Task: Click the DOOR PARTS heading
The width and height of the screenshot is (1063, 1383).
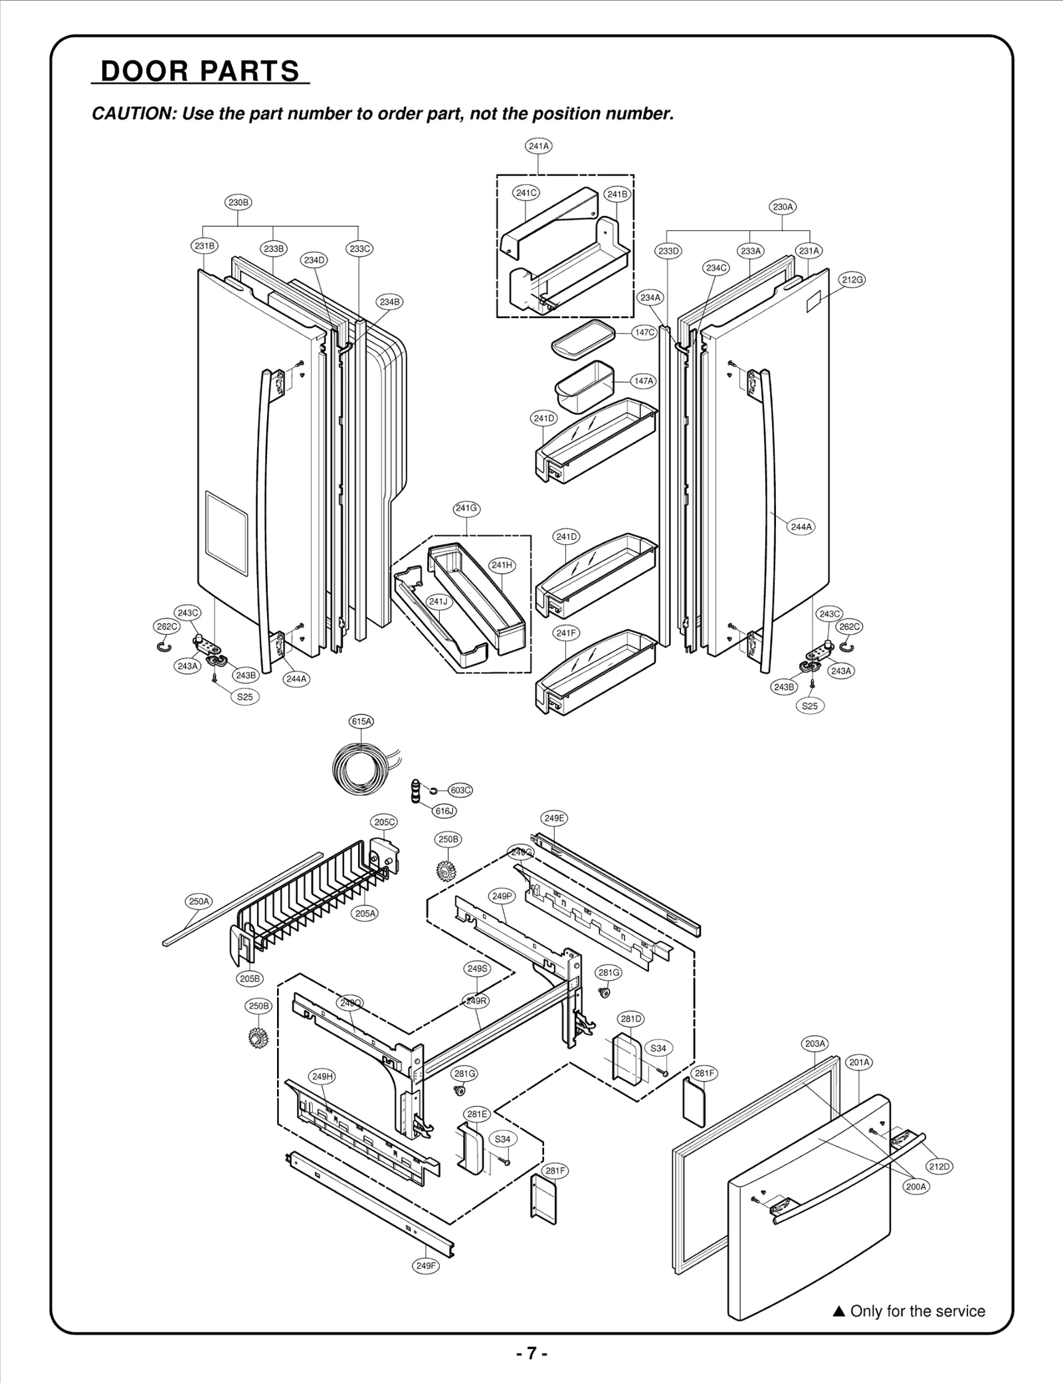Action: tap(200, 71)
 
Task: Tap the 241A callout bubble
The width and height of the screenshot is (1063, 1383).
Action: tap(539, 146)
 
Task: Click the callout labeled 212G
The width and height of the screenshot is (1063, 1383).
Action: tap(852, 280)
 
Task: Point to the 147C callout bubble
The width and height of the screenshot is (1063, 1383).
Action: tap(644, 332)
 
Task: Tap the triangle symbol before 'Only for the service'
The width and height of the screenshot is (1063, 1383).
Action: tap(838, 1311)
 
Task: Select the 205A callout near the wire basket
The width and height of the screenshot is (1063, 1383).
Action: tap(365, 913)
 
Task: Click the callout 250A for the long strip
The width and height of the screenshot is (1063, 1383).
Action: tap(199, 901)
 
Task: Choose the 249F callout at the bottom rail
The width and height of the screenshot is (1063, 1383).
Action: tap(426, 1265)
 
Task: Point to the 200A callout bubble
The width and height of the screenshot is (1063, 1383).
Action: tap(916, 1186)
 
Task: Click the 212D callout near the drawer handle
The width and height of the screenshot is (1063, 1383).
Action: tap(939, 1167)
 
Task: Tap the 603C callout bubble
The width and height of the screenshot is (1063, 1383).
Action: tap(460, 790)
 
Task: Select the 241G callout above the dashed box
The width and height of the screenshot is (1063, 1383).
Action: tap(466, 508)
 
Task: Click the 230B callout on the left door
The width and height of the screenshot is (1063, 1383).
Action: tap(239, 203)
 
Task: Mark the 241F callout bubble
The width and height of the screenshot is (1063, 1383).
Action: tap(566, 633)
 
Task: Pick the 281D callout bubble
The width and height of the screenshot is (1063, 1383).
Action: tap(630, 1018)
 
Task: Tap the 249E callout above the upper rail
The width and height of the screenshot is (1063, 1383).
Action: tap(555, 818)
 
